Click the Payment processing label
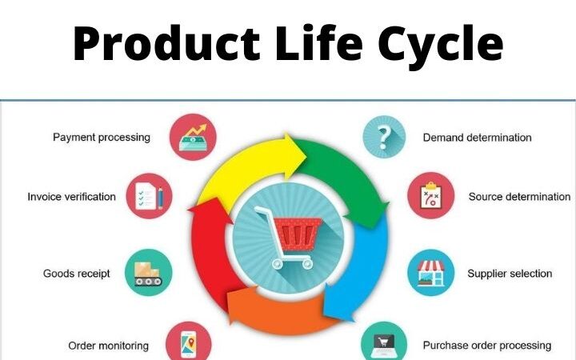coord(102,137)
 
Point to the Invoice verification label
coord(71,196)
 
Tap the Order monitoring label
coord(108,346)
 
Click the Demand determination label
coord(477,137)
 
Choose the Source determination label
coord(519,196)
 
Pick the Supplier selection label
coord(510,274)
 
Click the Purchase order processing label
coord(486,346)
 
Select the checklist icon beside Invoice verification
coord(149,196)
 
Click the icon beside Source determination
coord(431,196)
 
